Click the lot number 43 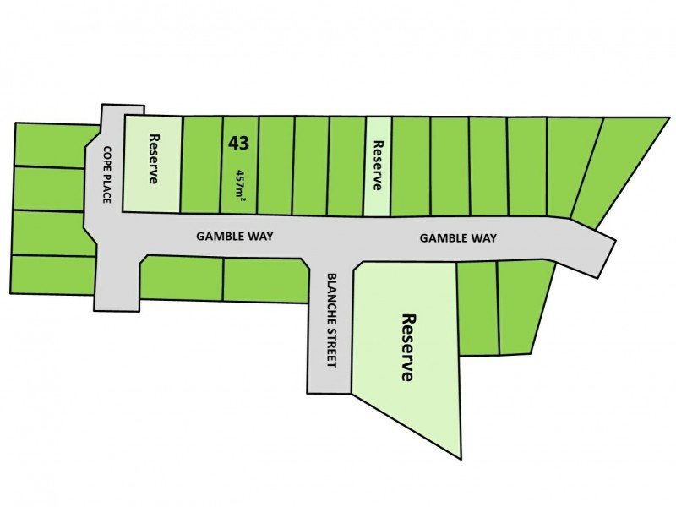pos(238,143)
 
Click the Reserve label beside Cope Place pos(154,160)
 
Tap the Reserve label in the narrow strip pos(378,165)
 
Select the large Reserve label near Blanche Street pos(408,348)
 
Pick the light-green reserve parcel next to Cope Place pos(153,190)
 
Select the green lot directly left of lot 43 pos(201,165)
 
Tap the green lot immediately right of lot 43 pos(275,165)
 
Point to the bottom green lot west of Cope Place pos(51,275)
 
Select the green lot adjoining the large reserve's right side pos(477,308)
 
